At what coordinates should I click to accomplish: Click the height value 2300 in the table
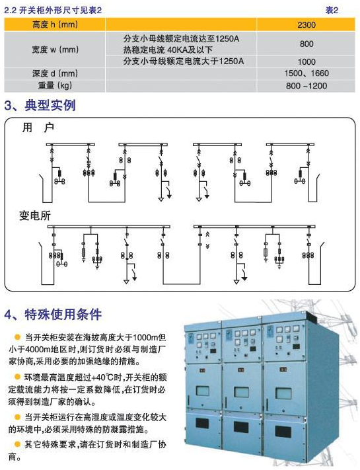click(306, 24)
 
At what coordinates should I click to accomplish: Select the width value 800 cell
click(306, 44)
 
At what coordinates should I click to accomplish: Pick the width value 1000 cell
click(306, 61)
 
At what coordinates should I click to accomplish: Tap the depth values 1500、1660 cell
click(306, 73)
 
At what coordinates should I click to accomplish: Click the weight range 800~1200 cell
click(306, 86)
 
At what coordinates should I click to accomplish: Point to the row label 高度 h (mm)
click(55, 24)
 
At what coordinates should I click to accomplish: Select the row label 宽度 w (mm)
click(55, 49)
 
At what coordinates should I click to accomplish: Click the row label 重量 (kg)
click(55, 85)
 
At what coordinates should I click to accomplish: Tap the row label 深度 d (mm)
click(55, 73)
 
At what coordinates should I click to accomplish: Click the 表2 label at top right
click(332, 10)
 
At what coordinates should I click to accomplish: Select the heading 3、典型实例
click(40, 105)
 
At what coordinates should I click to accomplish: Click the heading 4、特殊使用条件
click(53, 315)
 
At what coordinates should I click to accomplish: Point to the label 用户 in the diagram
click(38, 128)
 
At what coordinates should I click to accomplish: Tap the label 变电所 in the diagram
click(35, 215)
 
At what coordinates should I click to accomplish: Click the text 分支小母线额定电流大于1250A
click(184, 61)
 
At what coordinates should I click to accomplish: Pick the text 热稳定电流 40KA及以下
click(168, 50)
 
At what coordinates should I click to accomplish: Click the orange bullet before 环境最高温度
click(18, 377)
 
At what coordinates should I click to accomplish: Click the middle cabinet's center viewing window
click(241, 392)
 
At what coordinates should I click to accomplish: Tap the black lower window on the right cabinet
click(283, 432)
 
